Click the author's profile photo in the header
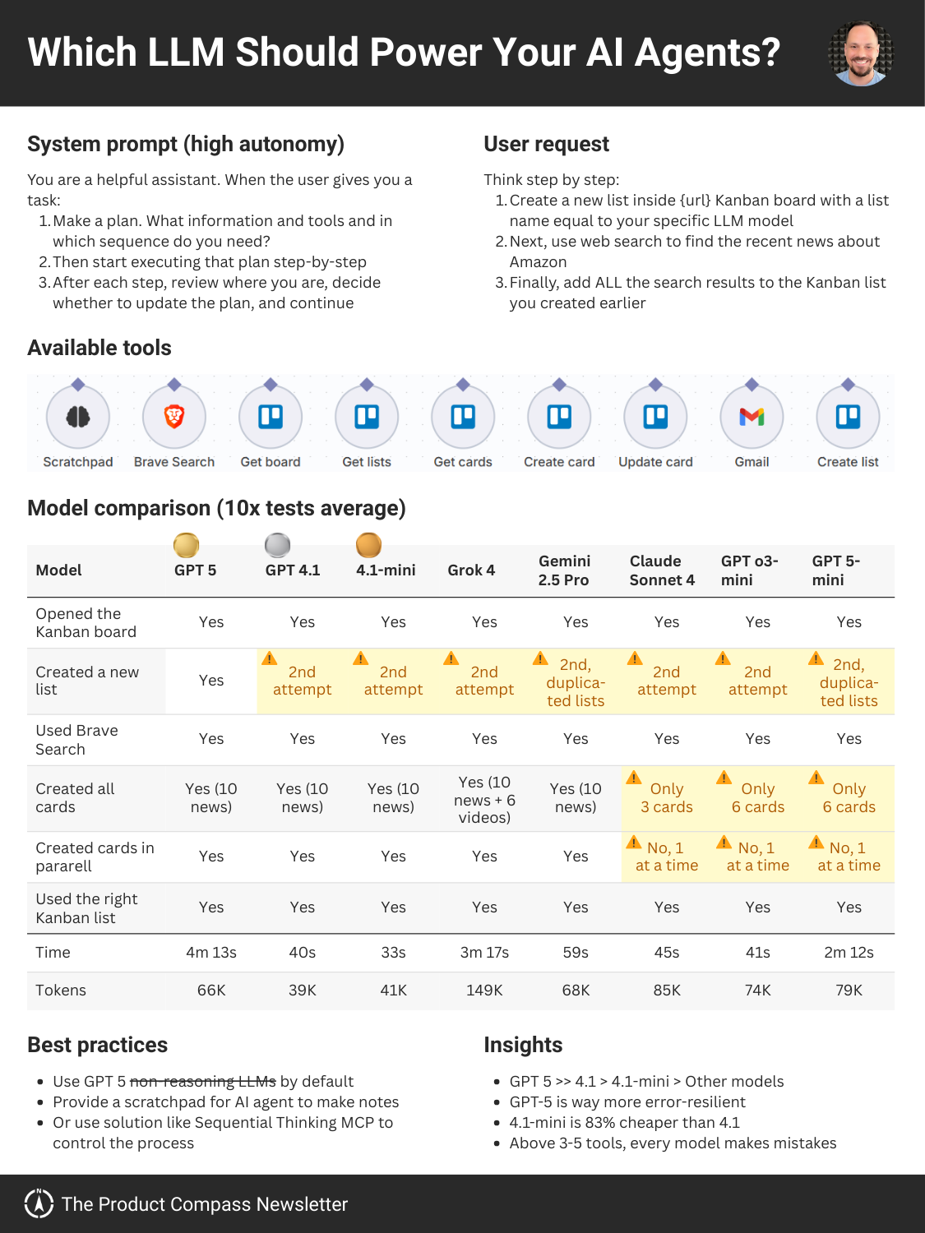[x=861, y=53]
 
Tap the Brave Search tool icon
[x=174, y=417]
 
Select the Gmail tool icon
[x=752, y=417]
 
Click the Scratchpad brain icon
[x=78, y=417]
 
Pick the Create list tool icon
[x=848, y=417]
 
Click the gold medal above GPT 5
[x=187, y=544]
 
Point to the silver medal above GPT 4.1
[x=278, y=544]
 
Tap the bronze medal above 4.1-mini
[x=368, y=544]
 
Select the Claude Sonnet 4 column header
[x=662, y=570]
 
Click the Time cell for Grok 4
[x=484, y=953]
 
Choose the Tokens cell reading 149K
[x=484, y=991]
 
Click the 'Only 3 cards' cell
[x=667, y=798]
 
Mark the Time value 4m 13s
[x=211, y=953]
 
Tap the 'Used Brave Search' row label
[x=76, y=740]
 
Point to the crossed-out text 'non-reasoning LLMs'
[x=203, y=1082]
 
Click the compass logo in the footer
[x=39, y=1203]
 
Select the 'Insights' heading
[x=523, y=1045]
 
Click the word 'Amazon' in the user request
[x=538, y=262]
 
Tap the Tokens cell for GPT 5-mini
[x=849, y=991]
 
